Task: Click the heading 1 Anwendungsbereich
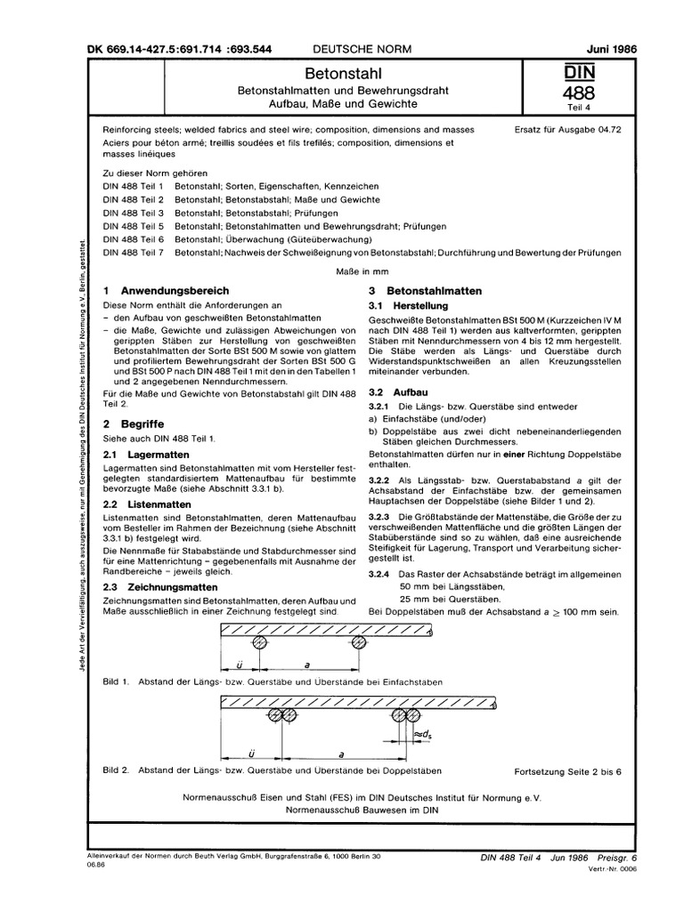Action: coord(167,291)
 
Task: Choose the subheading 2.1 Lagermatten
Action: coord(144,454)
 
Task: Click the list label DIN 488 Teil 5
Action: coord(133,226)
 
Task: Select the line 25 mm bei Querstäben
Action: coord(452,601)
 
